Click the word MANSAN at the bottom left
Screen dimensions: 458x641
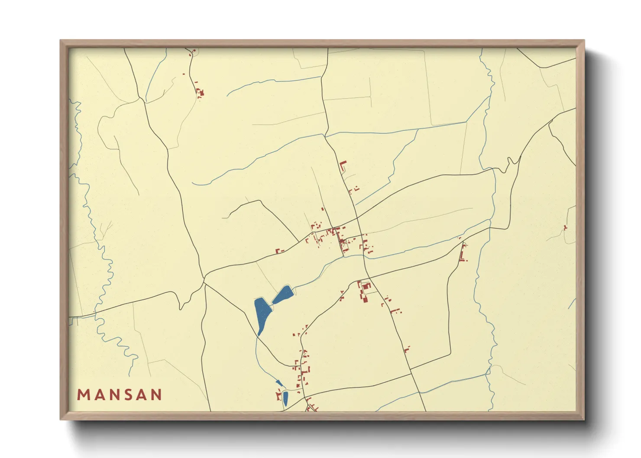pos(120,395)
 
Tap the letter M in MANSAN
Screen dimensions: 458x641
pos(83,395)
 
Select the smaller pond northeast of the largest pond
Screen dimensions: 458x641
pos(283,294)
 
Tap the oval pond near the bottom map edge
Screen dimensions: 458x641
pos(285,398)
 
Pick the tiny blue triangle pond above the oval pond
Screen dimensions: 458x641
pos(279,383)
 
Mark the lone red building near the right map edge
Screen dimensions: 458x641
pos(565,228)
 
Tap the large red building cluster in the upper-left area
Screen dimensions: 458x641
pos(200,92)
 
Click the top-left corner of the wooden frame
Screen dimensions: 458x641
pos(61,41)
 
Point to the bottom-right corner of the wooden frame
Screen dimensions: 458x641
pos(584,419)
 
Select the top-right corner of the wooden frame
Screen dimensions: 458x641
pos(584,41)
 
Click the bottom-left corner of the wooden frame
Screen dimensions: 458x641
pos(61,419)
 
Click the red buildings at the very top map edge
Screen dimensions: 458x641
pos(192,52)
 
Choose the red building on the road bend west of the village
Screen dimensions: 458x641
pos(279,251)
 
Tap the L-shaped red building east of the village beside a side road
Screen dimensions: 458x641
pos(463,254)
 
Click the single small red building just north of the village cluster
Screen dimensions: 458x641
pos(323,209)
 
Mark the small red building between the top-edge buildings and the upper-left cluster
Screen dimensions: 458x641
pos(184,74)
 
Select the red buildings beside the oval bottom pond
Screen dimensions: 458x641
pos(279,395)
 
